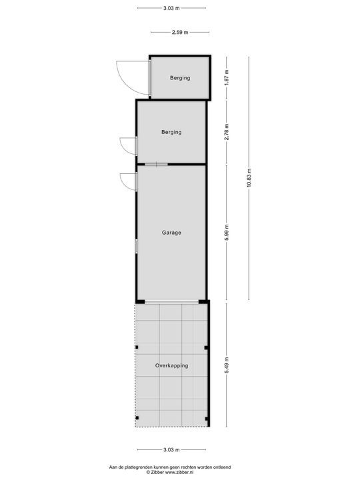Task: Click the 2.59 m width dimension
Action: (180, 32)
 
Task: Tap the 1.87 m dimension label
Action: (227, 78)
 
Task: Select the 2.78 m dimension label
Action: (227, 132)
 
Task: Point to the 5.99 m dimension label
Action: (227, 233)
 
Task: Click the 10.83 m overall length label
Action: (249, 178)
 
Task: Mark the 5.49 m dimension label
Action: (227, 365)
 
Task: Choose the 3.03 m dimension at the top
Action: (171, 8)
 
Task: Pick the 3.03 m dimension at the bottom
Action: (171, 450)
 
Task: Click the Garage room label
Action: (171, 233)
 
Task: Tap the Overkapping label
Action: (172, 365)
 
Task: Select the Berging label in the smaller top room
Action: (180, 78)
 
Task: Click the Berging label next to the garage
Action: (171, 132)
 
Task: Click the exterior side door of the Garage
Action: (129, 182)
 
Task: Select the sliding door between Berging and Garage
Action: (157, 165)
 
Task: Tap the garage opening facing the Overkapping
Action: (171, 302)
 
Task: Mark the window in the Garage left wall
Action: (137, 247)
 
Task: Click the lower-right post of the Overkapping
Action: (207, 419)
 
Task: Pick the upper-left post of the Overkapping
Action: (137, 347)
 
